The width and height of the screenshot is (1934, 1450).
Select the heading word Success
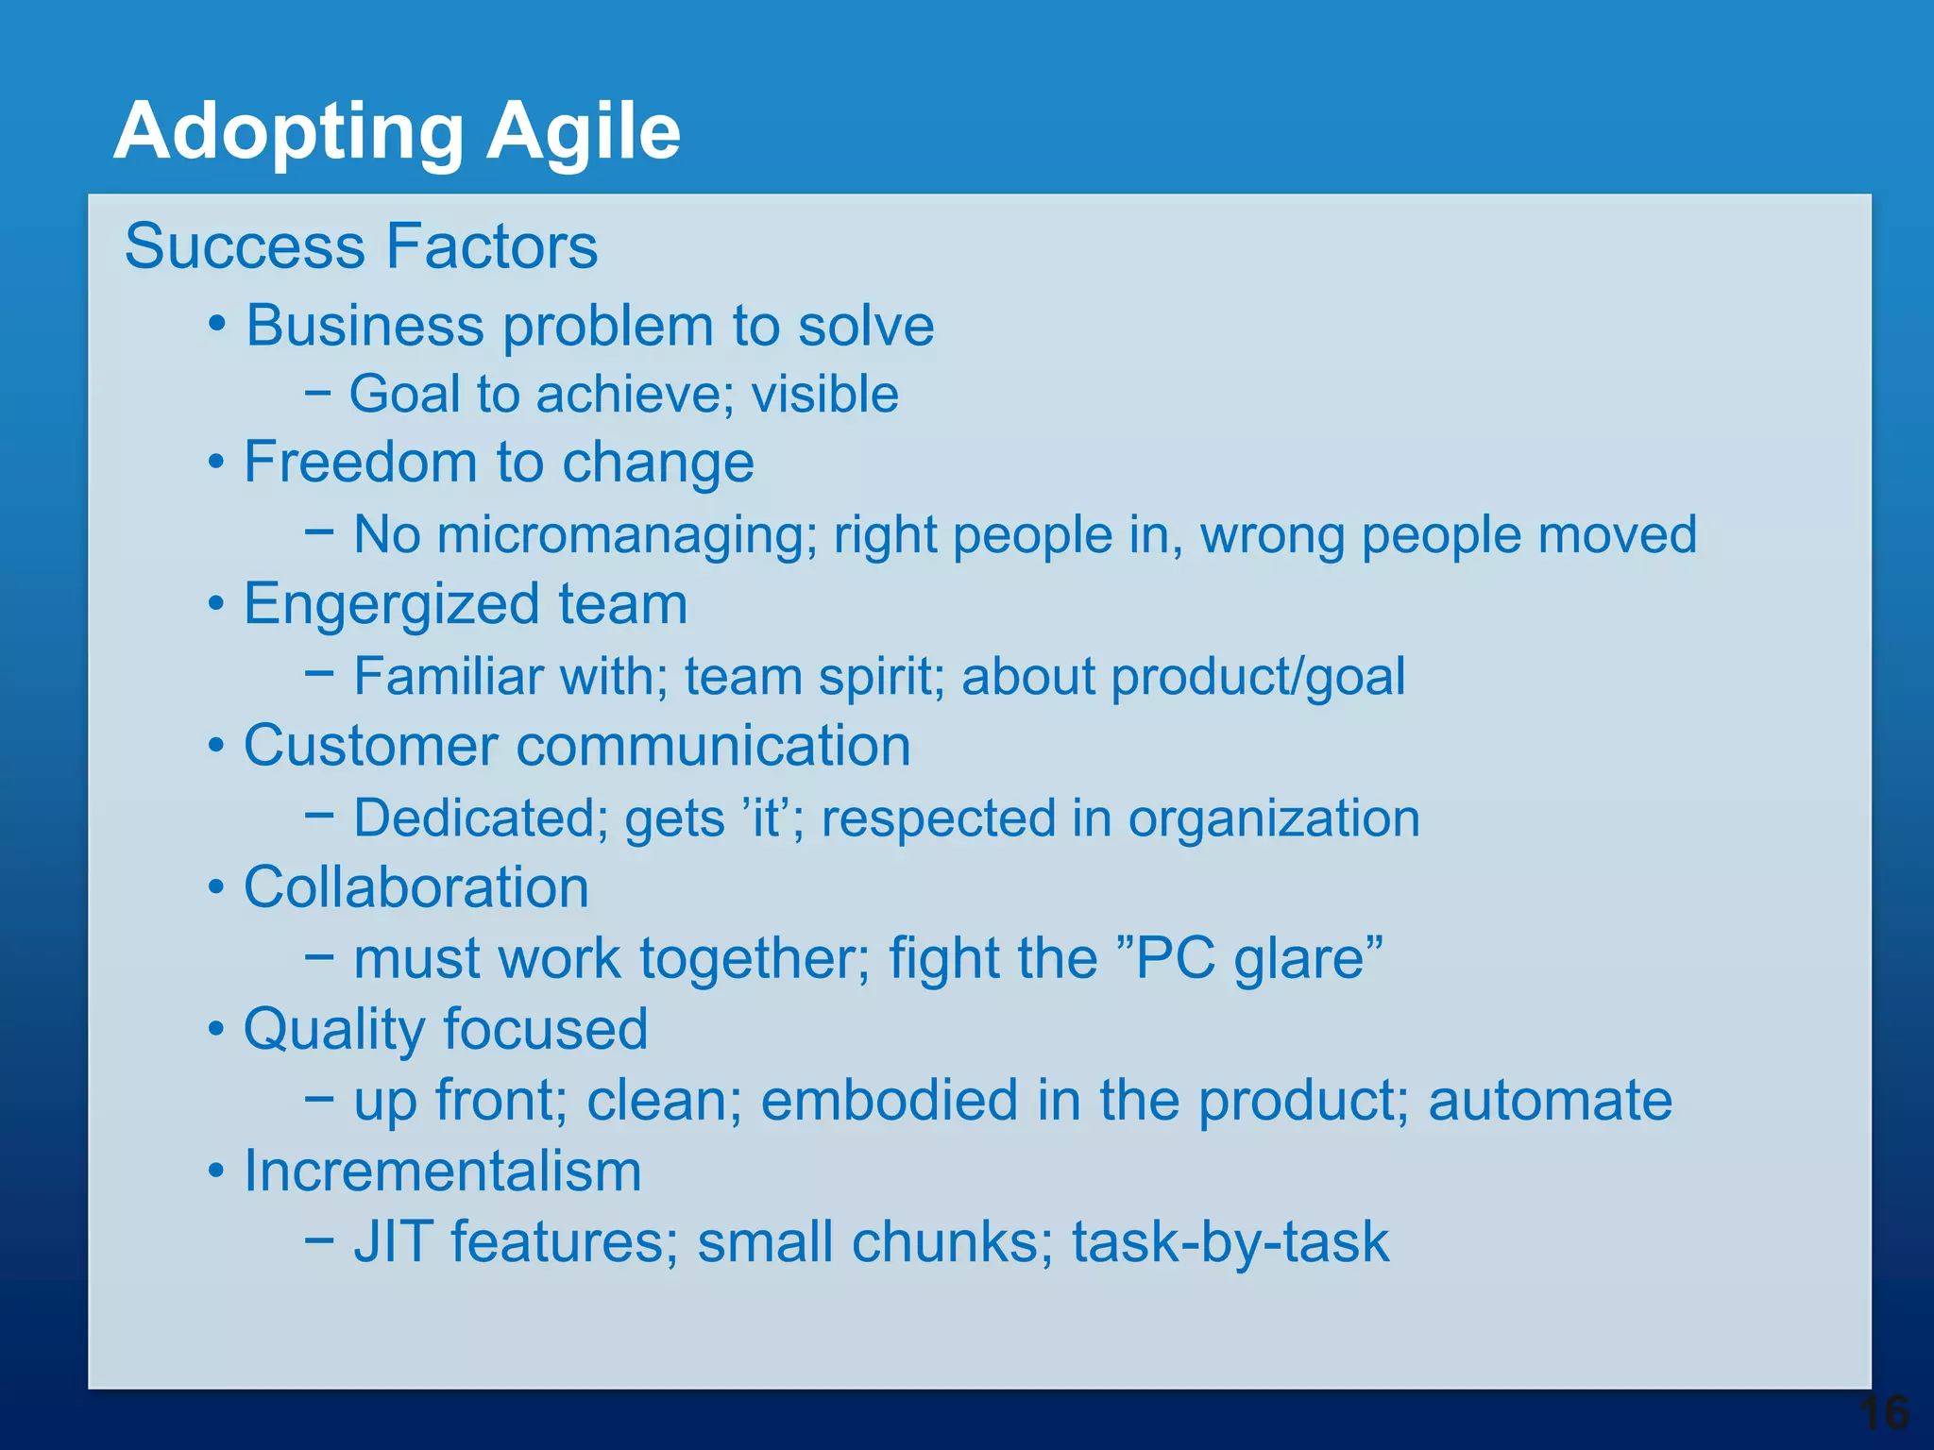pos(245,246)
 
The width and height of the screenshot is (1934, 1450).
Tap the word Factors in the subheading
pos(492,246)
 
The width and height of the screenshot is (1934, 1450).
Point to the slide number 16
pos(1883,1413)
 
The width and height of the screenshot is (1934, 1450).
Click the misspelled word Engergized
pos(390,604)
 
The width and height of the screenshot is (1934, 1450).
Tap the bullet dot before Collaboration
pos(217,887)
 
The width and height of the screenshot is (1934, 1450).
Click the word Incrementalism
pos(442,1172)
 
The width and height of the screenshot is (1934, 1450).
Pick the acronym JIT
pos(394,1241)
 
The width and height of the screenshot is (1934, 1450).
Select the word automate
pos(1550,1101)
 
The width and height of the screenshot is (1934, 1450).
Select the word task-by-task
pos(1230,1241)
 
